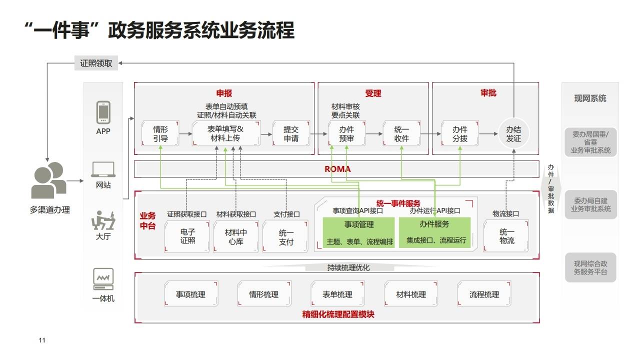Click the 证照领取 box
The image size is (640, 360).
click(x=96, y=63)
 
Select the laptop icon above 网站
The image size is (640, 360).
click(x=103, y=170)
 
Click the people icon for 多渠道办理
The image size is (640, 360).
click(x=48, y=180)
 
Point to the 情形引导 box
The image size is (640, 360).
click(x=160, y=133)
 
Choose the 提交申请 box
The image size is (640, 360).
click(x=290, y=133)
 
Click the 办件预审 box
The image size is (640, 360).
click(x=346, y=133)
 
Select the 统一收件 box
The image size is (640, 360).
click(x=401, y=133)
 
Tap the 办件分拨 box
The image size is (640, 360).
click(x=460, y=133)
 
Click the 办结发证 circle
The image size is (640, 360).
click(x=513, y=133)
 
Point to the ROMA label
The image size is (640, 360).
click(x=337, y=169)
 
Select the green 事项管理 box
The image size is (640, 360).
click(x=358, y=232)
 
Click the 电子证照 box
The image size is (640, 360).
click(x=187, y=236)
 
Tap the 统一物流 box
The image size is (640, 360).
click(x=506, y=236)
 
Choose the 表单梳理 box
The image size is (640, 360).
click(x=337, y=294)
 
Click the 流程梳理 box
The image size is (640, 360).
click(x=484, y=294)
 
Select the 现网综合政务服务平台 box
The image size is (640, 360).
click(x=590, y=268)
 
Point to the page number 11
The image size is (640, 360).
click(x=42, y=340)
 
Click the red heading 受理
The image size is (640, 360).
click(x=373, y=93)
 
